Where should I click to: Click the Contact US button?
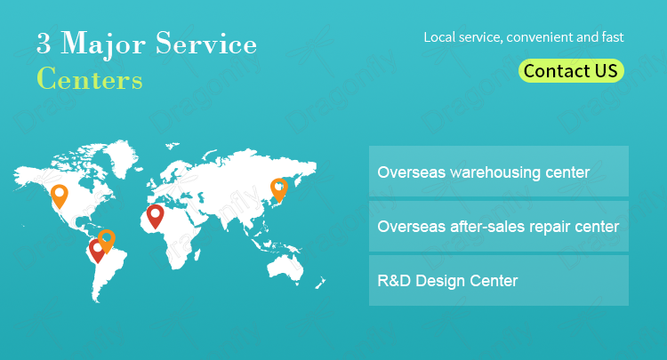[571, 70]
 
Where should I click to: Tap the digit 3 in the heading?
[44, 44]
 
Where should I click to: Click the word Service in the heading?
[206, 43]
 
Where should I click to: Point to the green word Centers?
[90, 78]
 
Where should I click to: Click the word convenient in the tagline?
[539, 37]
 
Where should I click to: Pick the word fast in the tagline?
[613, 37]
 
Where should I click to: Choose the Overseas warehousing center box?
[499, 172]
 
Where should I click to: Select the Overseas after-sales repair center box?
[499, 227]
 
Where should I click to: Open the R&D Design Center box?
[499, 281]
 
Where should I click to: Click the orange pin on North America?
[59, 196]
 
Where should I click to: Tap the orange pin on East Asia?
[279, 189]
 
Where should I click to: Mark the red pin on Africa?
[156, 216]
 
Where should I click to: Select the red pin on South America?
[97, 251]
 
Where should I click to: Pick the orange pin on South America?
[107, 241]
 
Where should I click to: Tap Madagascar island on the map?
[197, 254]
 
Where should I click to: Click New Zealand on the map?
[320, 283]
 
